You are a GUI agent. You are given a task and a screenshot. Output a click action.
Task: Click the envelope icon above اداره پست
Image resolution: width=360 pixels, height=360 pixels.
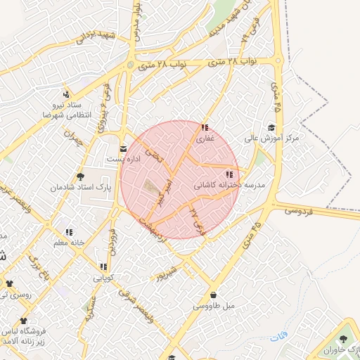pyautogui.click(x=124, y=148)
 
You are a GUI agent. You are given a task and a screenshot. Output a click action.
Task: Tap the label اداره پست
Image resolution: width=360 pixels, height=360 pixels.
pyautogui.click(x=124, y=160)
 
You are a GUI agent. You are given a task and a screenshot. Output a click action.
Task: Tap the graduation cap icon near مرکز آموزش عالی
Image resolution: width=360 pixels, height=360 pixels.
pyautogui.click(x=271, y=127)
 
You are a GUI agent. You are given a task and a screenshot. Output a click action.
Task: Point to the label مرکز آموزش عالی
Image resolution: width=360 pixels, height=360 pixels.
pyautogui.click(x=271, y=139)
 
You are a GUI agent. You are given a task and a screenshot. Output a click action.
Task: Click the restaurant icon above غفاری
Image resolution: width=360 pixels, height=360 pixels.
pyautogui.click(x=204, y=128)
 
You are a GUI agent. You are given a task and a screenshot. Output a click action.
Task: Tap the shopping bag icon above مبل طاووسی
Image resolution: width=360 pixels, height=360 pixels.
pyautogui.click(x=212, y=295)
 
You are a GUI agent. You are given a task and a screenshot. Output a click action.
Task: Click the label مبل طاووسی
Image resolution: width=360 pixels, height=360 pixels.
pyautogui.click(x=212, y=307)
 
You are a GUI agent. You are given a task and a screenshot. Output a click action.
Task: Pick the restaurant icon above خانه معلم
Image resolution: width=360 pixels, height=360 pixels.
pyautogui.click(x=69, y=231)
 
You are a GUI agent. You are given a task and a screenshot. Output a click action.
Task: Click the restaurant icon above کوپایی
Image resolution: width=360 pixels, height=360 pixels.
pyautogui.click(x=104, y=266)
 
